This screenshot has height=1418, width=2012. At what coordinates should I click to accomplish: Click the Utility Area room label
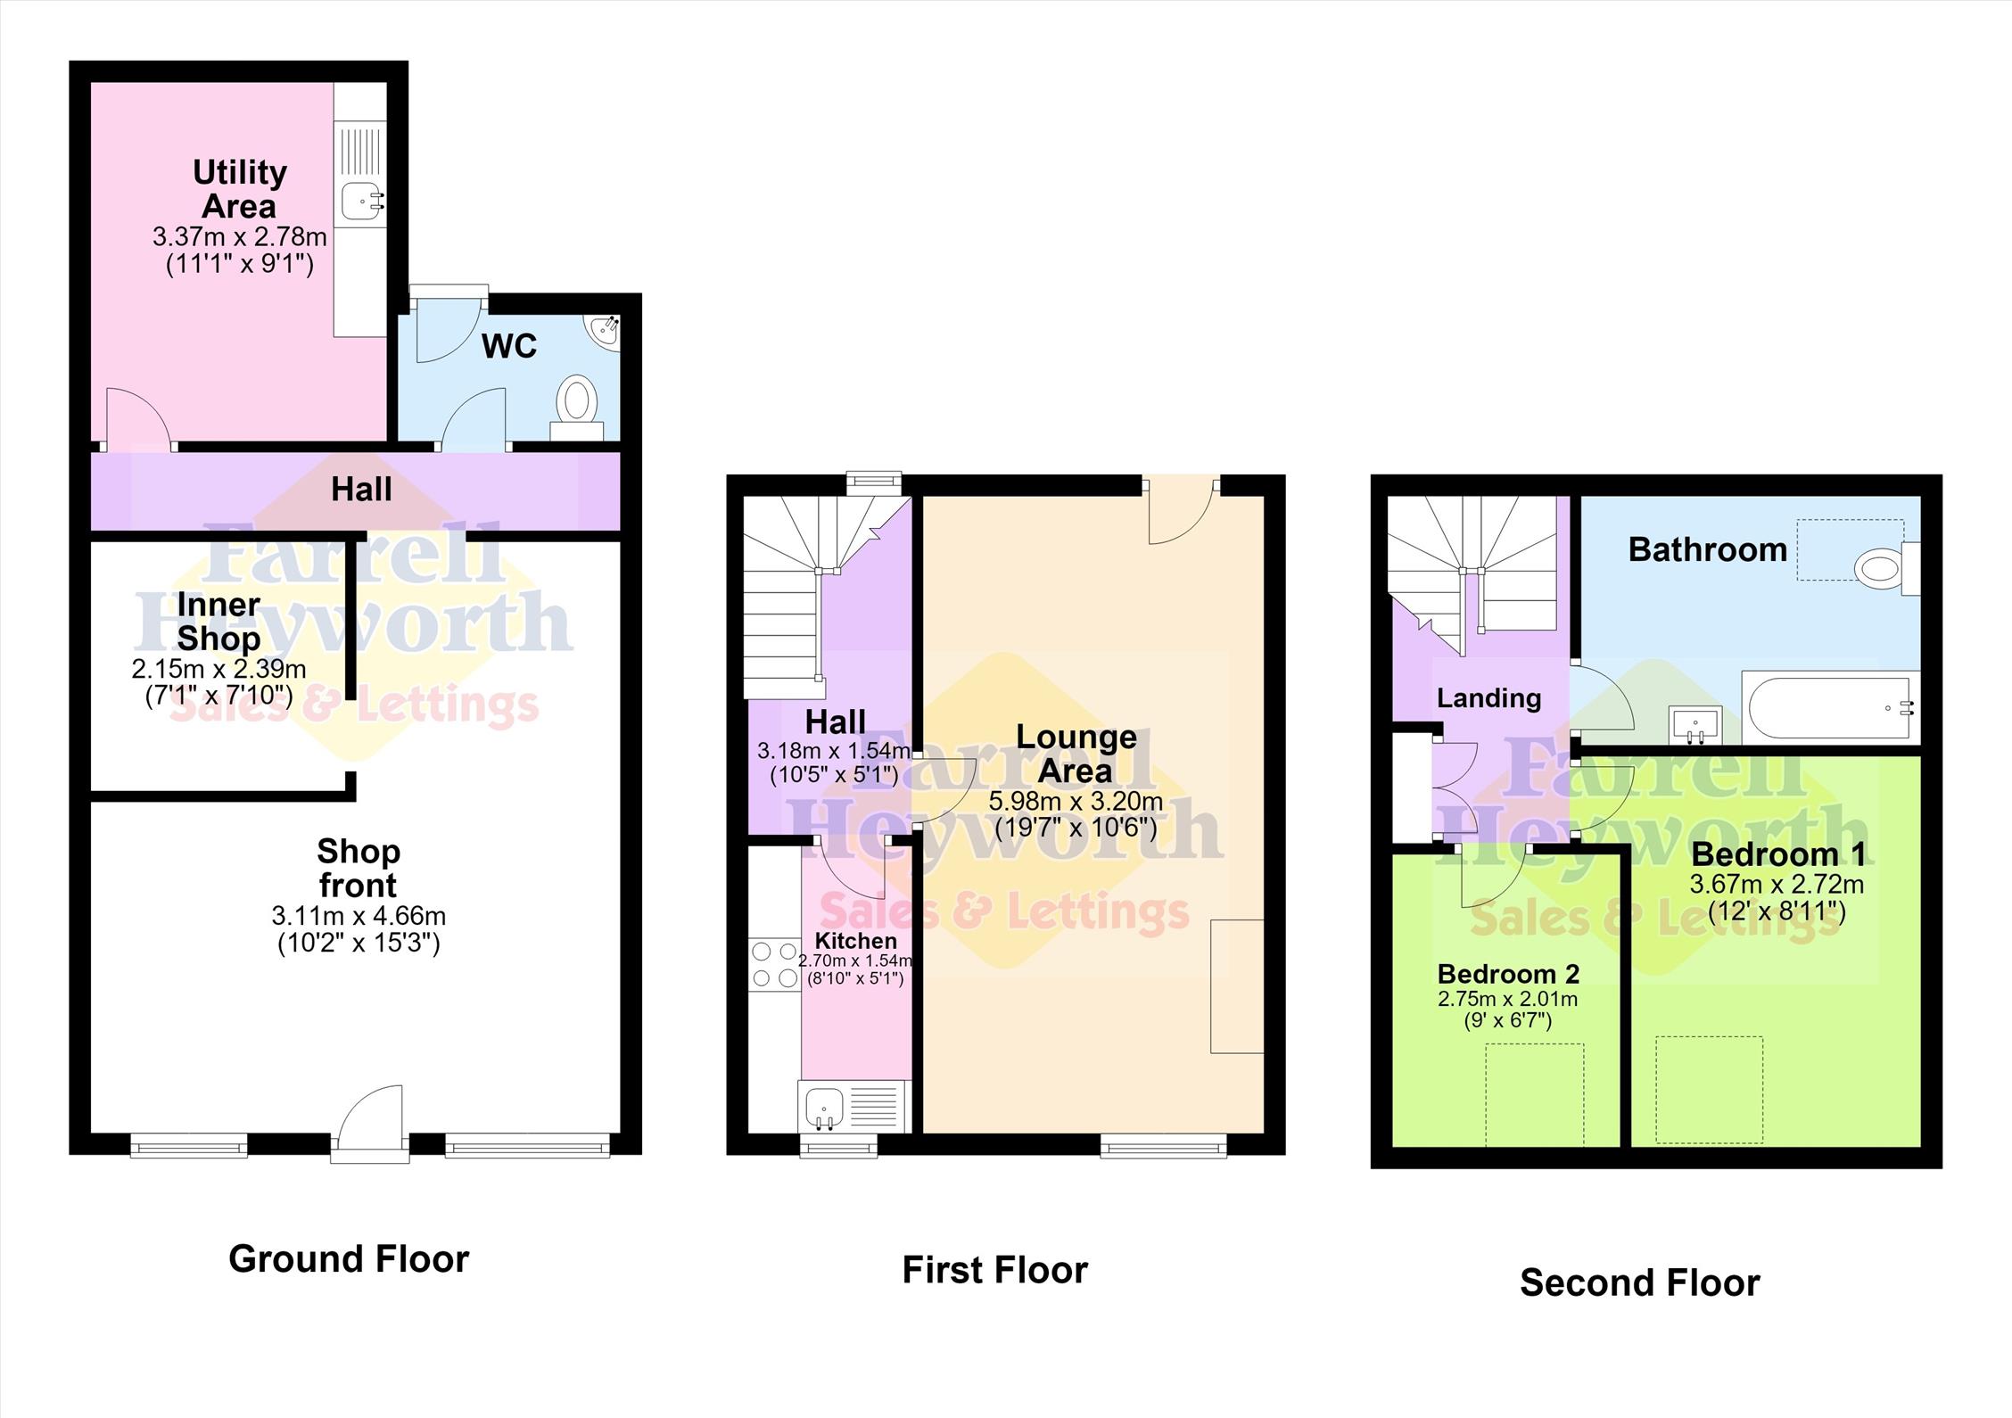239,188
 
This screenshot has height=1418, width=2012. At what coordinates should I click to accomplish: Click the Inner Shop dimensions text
219,682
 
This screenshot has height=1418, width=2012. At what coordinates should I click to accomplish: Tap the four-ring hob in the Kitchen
775,965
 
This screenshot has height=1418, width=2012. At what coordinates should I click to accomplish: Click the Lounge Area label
1076,754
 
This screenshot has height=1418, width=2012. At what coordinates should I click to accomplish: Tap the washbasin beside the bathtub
1695,722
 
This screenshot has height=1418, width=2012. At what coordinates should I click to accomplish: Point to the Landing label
1488,697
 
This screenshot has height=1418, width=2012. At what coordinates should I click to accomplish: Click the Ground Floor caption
349,1259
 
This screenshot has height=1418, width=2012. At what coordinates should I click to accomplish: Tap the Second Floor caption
1639,1283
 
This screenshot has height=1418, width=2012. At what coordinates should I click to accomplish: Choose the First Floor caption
995,1270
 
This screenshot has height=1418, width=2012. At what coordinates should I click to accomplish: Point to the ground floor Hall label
361,489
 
